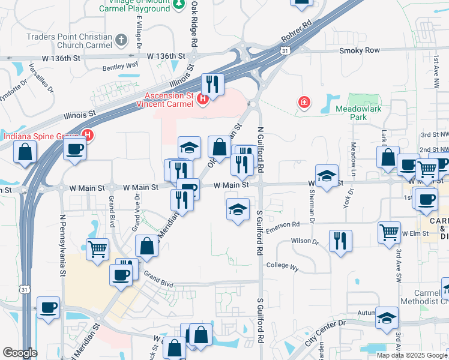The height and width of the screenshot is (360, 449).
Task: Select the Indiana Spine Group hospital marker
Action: [88, 136]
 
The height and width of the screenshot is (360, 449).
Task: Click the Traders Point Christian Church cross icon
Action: [122, 41]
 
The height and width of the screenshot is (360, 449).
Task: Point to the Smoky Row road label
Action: [360, 51]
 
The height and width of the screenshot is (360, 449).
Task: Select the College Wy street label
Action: [282, 265]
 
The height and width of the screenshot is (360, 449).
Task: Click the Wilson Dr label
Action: [304, 241]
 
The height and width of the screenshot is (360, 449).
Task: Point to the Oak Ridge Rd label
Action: [194, 24]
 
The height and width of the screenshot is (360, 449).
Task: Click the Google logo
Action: [20, 353]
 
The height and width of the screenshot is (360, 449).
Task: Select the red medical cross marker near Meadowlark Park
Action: [304, 103]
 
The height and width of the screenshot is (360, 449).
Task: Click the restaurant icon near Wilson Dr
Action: [340, 241]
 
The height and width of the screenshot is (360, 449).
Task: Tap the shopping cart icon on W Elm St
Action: [389, 232]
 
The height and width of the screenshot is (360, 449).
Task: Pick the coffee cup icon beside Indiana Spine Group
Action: [75, 149]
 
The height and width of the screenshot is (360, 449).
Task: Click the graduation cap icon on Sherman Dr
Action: [326, 176]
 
